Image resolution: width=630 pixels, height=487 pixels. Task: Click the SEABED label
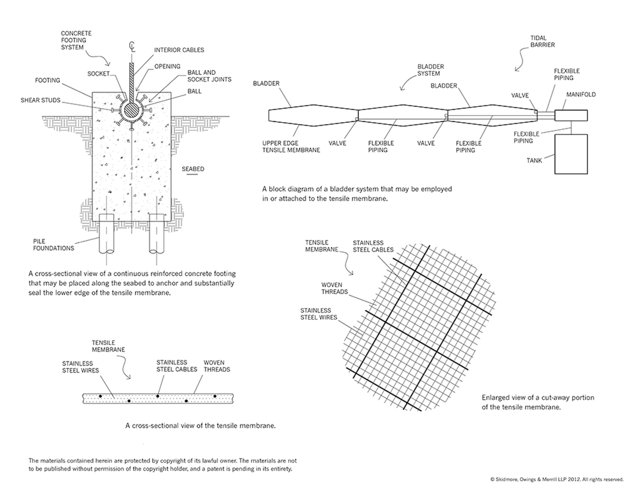pyautogui.click(x=193, y=169)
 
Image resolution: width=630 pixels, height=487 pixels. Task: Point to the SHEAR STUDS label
pyautogui.click(x=40, y=100)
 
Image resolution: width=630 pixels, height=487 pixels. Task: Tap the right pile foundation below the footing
pyautogui.click(x=157, y=234)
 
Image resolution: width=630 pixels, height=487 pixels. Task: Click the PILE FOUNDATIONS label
pyautogui.click(x=53, y=245)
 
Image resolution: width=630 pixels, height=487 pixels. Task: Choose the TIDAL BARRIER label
pyautogui.click(x=542, y=41)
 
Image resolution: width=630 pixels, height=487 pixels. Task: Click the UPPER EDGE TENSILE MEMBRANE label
pyautogui.click(x=291, y=146)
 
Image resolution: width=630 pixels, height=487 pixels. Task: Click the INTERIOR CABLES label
pyautogui.click(x=179, y=50)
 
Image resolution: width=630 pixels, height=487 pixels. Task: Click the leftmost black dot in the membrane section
pyautogui.click(x=100, y=396)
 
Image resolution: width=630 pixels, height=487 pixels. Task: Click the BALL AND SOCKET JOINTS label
pyautogui.click(x=209, y=76)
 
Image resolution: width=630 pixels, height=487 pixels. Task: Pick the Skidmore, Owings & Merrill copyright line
pyautogui.click(x=557, y=479)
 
